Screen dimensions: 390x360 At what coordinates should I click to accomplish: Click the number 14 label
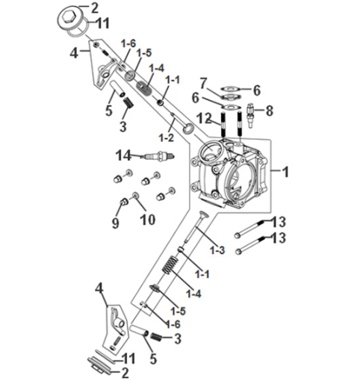tap(122, 155)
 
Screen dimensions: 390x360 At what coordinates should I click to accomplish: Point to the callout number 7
tap(202, 81)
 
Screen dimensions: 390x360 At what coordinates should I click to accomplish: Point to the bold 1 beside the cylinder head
tap(285, 171)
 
